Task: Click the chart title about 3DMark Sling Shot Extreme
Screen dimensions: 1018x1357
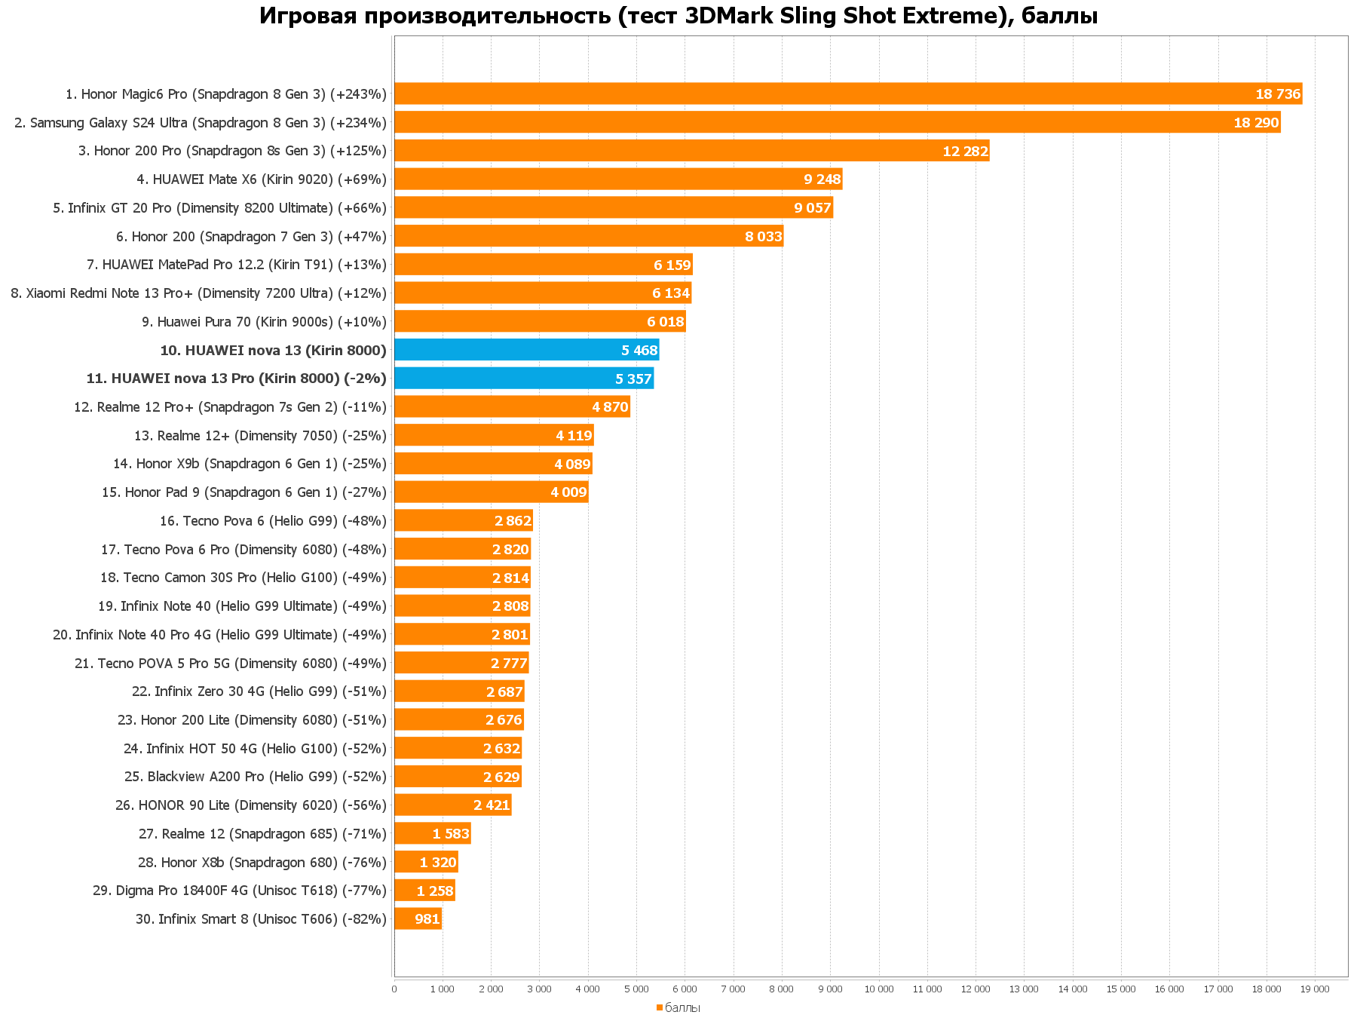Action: tap(678, 16)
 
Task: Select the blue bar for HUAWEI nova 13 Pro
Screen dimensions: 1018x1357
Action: tap(523, 379)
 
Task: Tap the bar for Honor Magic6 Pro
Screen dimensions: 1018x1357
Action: tap(847, 94)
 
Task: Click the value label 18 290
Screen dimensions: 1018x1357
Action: tap(1256, 123)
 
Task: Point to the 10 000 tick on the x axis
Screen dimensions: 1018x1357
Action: tap(878, 989)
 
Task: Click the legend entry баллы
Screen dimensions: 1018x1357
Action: tap(682, 1007)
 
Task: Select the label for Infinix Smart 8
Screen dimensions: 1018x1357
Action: tap(261, 919)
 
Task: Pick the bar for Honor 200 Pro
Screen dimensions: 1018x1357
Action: tap(691, 151)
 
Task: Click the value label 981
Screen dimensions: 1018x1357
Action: tap(427, 919)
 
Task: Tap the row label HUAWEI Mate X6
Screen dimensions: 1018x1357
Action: tap(261, 179)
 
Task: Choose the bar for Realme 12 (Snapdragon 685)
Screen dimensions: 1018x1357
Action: tap(432, 834)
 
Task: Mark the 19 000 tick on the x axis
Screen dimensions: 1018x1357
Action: tap(1315, 989)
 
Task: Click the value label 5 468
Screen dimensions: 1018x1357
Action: tap(639, 350)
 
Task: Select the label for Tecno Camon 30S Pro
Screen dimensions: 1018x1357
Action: tap(243, 578)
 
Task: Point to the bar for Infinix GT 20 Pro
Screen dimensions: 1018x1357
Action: tap(613, 208)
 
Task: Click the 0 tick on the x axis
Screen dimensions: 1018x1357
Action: tap(394, 989)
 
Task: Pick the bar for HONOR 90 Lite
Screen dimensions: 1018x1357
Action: tap(452, 805)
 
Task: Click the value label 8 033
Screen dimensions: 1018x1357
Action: tap(764, 237)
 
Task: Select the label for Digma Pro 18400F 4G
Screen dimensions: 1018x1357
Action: tap(239, 891)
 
